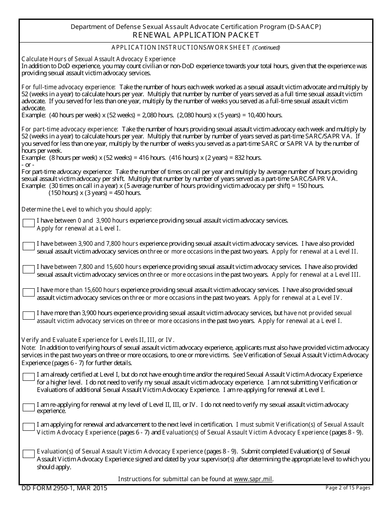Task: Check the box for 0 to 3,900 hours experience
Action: click(28, 223)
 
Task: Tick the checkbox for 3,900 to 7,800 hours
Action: click(28, 246)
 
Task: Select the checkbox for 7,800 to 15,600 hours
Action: click(28, 269)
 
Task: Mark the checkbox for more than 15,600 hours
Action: click(28, 292)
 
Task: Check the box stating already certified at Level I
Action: click(28, 377)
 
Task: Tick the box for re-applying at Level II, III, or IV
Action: click(28, 407)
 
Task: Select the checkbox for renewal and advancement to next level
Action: click(28, 427)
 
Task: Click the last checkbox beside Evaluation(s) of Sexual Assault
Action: click(28, 453)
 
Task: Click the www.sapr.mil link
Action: click(253, 479)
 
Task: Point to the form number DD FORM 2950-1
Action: click(64, 488)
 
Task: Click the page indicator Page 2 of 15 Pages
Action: click(348, 488)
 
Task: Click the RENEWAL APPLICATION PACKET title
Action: click(196, 35)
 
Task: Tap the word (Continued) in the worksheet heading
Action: click(266, 47)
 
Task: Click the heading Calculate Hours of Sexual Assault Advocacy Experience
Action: click(98, 59)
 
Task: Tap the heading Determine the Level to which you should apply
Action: click(87, 209)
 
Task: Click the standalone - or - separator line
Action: click(28, 164)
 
